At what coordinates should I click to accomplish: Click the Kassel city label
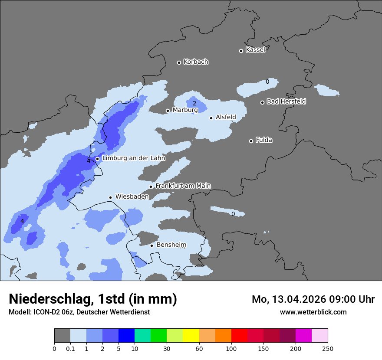tap(255, 50)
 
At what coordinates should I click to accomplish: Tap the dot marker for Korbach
tap(179, 62)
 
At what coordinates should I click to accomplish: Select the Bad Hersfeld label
tap(286, 101)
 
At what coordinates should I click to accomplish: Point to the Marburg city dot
tap(168, 111)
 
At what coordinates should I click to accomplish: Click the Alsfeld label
tap(226, 117)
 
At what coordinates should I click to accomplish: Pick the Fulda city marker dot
tap(251, 141)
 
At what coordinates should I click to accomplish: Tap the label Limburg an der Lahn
tap(133, 158)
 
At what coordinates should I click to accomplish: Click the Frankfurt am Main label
tap(183, 186)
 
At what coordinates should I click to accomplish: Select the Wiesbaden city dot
tap(111, 197)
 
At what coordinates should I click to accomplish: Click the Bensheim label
tap(171, 245)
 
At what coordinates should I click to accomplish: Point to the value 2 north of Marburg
tap(194, 103)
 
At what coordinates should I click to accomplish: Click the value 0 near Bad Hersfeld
tap(267, 82)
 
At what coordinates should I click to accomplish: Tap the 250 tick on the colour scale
tap(328, 348)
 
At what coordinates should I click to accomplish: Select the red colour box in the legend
tap(239, 336)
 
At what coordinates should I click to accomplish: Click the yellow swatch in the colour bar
tap(191, 336)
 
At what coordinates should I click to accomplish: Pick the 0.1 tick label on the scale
tap(70, 348)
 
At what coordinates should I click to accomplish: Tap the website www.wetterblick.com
tap(313, 312)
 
